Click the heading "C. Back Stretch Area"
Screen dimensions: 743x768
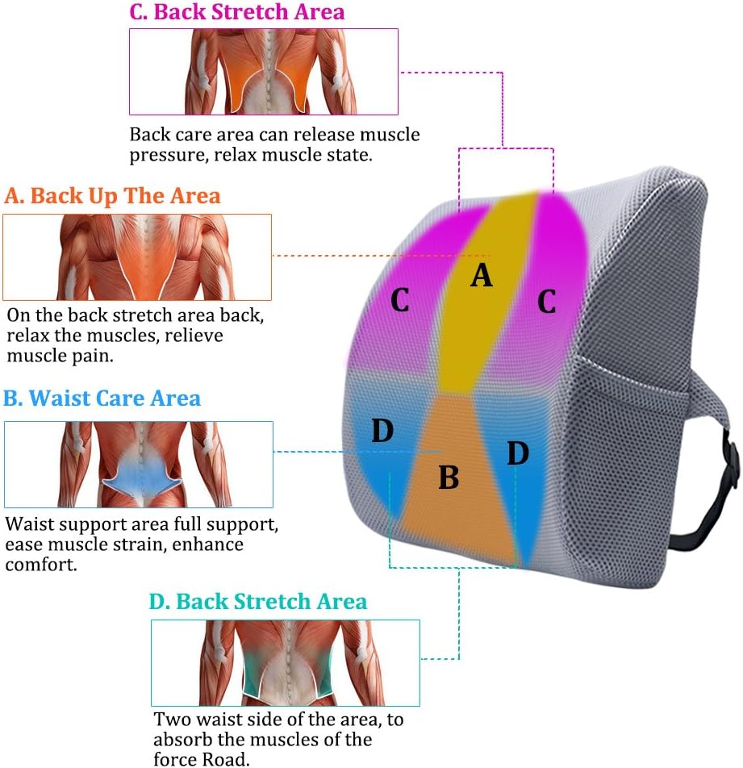(237, 12)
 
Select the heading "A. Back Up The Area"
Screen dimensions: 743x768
(112, 196)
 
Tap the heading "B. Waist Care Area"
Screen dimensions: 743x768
(102, 399)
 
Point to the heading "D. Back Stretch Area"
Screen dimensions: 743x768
(258, 602)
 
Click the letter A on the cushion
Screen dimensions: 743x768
(481, 275)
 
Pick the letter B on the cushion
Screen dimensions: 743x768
(449, 477)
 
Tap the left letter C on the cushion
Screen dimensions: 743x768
(399, 300)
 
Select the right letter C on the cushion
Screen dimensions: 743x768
(547, 301)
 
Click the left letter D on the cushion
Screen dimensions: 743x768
(382, 431)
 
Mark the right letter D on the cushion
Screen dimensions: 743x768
(518, 453)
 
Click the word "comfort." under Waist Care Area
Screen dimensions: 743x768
(42, 565)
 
